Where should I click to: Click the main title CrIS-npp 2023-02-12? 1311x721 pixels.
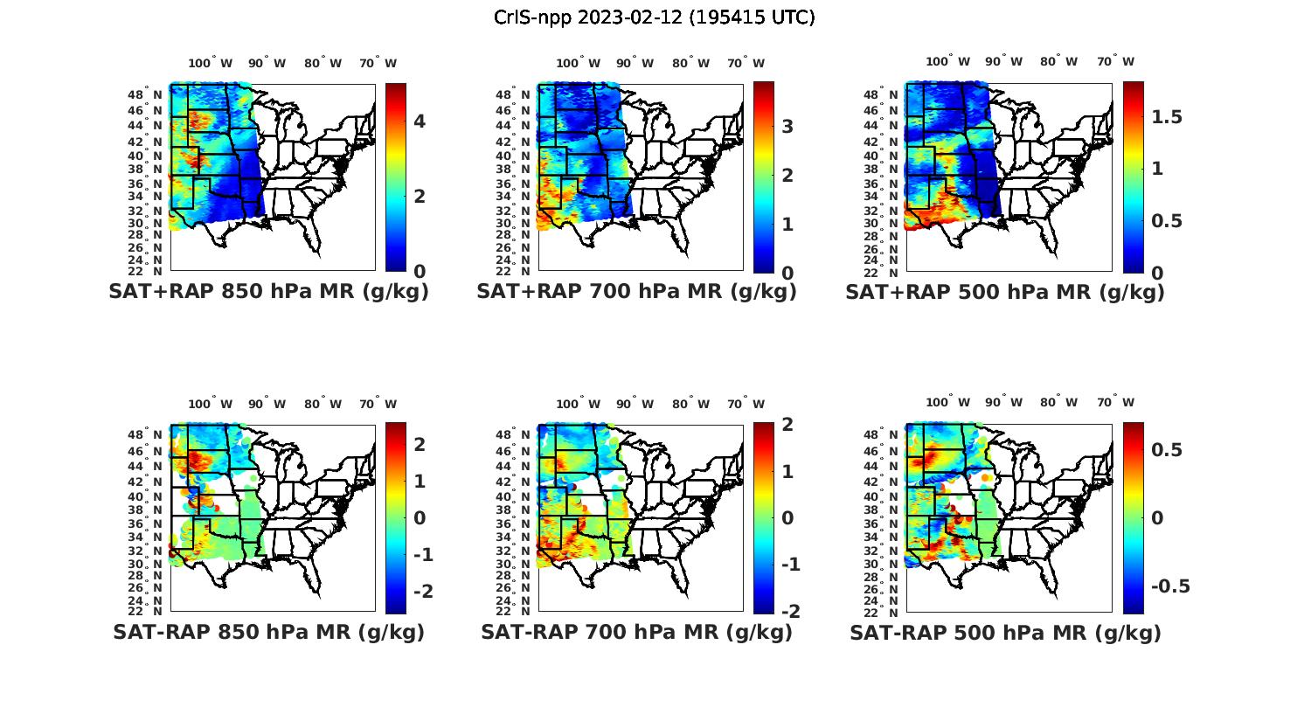click(655, 17)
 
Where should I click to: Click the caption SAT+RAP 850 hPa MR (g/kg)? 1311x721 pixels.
click(268, 292)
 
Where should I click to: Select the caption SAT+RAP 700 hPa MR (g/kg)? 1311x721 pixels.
click(636, 292)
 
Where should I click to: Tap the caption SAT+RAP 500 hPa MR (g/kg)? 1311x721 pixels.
click(1005, 292)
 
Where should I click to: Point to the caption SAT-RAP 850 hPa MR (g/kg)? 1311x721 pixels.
click(268, 632)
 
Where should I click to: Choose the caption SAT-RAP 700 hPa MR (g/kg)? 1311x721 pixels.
click(636, 632)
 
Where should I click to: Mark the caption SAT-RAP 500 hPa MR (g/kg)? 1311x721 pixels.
click(1005, 632)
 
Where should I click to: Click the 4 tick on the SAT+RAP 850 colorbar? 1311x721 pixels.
click(420, 121)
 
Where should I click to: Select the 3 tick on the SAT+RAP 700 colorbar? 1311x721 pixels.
click(787, 127)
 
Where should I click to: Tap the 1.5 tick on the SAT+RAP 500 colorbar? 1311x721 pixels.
click(1167, 117)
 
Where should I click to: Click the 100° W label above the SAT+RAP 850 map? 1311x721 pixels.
click(211, 63)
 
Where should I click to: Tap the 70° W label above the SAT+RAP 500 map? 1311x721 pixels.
click(1115, 61)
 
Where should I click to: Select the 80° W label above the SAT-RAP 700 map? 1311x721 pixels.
click(690, 404)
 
